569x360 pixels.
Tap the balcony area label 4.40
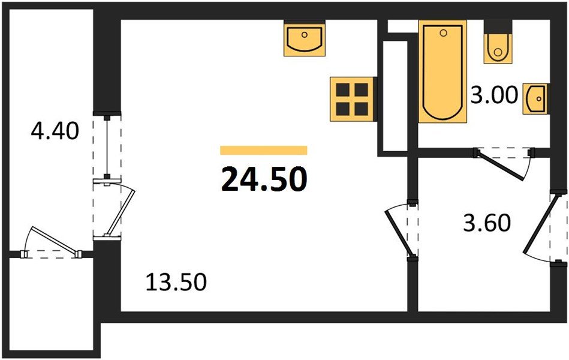point(55,130)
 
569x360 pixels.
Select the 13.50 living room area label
point(176,281)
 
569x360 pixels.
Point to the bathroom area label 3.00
point(493,95)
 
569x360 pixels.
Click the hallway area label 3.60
point(487,223)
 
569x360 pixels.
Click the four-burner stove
point(352,99)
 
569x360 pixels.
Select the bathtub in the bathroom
point(442,72)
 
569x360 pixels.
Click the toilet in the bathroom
point(497,47)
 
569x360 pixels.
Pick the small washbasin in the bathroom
point(536,97)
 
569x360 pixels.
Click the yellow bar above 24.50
point(264,151)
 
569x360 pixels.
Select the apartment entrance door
point(544,228)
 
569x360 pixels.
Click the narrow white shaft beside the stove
point(393,96)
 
